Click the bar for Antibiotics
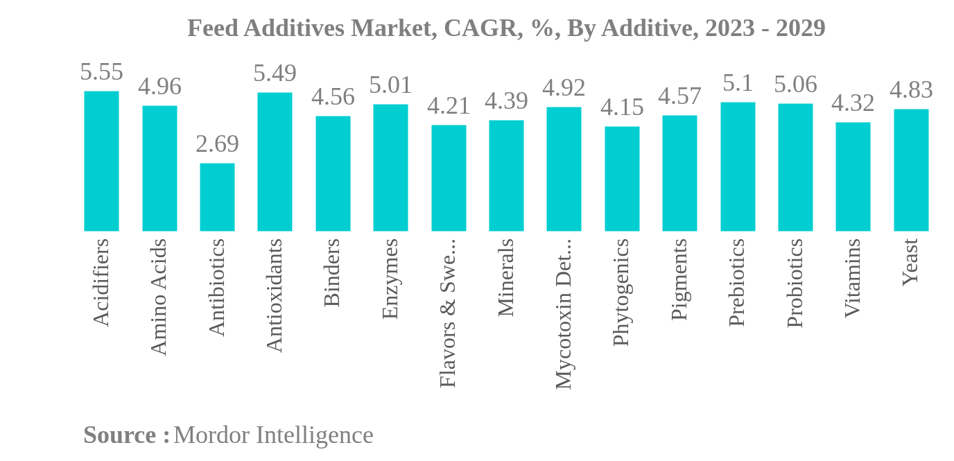coord(217,197)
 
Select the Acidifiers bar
coord(101,161)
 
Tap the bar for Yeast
coord(910,170)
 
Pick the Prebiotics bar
coord(737,166)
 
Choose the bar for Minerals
coord(506,175)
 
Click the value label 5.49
coord(275,73)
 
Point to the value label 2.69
coord(217,144)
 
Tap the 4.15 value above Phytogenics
coord(622,107)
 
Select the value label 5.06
coord(795,85)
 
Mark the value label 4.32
coord(853,103)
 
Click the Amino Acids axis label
coord(159,297)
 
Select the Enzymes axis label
coord(390,279)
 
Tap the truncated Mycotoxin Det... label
coord(564,313)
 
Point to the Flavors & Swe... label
coord(448,313)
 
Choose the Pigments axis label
coord(679,279)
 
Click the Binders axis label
coord(332,272)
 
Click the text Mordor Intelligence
coord(273,435)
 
